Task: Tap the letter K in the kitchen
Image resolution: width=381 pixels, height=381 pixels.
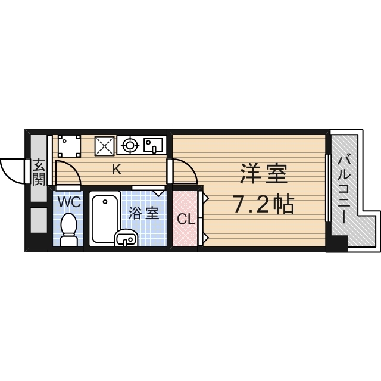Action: (x=117, y=169)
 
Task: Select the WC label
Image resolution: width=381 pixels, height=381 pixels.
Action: (x=69, y=202)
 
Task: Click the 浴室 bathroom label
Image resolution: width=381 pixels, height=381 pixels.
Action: (x=144, y=213)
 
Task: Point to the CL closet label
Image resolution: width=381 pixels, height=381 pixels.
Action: (x=185, y=219)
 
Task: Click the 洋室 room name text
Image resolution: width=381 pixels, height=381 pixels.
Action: (x=264, y=174)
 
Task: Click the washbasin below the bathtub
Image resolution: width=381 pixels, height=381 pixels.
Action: (x=126, y=238)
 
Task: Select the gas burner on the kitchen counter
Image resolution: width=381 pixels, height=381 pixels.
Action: (x=129, y=144)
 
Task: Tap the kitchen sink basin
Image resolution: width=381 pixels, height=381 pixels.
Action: (x=154, y=144)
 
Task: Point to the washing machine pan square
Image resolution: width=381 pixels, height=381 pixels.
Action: (x=70, y=145)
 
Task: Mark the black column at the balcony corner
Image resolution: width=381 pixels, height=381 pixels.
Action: (x=338, y=243)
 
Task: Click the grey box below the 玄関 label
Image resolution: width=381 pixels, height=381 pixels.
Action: (x=39, y=220)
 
